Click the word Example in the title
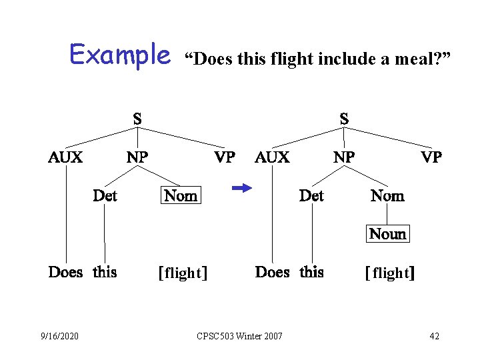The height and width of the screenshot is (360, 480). (120, 55)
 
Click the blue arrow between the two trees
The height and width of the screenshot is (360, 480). (241, 189)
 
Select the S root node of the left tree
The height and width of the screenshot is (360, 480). (137, 119)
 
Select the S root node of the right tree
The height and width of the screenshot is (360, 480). (344, 119)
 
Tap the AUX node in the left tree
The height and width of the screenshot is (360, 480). (65, 157)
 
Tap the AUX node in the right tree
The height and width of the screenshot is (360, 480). (272, 157)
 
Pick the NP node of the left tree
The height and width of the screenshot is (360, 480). (137, 157)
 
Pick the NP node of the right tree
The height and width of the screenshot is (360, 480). (344, 157)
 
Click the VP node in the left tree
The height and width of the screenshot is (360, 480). (225, 157)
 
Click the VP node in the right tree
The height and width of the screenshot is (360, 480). (431, 157)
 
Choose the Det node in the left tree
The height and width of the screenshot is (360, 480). (105, 195)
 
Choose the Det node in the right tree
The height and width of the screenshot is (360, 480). (311, 195)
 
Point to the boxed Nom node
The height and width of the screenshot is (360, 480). (181, 195)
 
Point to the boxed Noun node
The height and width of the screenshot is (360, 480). (387, 233)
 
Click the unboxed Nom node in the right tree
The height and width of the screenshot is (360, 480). (387, 195)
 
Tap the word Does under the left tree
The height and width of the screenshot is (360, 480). (65, 272)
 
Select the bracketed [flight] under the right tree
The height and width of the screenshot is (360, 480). (390, 273)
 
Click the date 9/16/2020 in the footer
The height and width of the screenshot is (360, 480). (59, 335)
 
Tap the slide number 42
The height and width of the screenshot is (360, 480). (434, 335)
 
